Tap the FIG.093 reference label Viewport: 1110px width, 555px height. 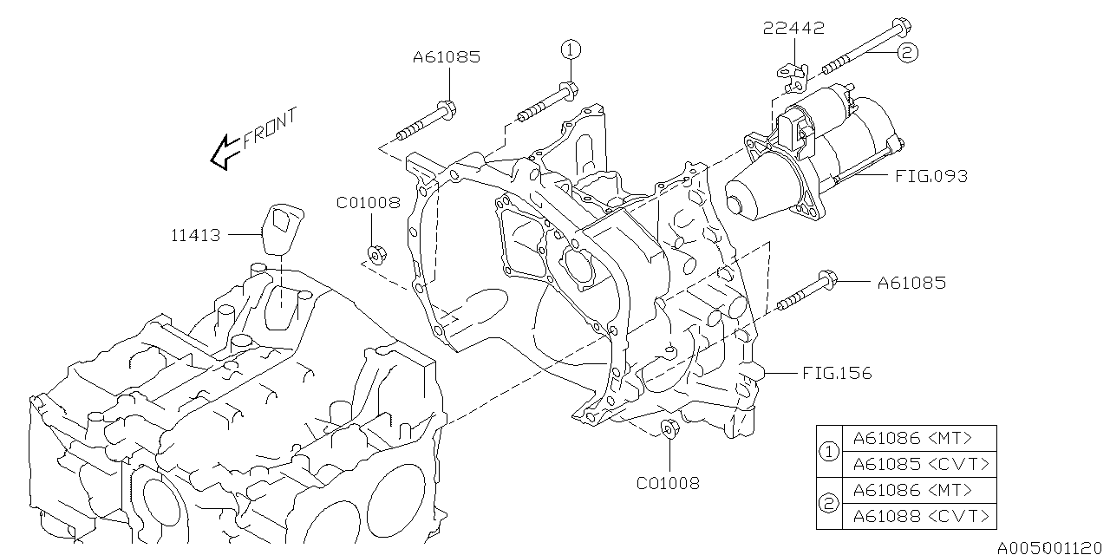tap(931, 176)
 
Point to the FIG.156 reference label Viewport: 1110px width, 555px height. tap(837, 374)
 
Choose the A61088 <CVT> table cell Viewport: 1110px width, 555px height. tap(920, 516)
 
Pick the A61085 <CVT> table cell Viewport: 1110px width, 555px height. tap(920, 464)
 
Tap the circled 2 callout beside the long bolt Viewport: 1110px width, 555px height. tap(905, 53)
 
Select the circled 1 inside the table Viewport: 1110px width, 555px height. tap(828, 451)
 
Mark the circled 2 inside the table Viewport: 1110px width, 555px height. tap(828, 503)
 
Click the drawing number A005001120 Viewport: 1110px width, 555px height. tap(1050, 545)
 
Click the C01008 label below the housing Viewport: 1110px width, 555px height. tap(668, 483)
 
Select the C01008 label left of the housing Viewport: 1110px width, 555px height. tap(369, 203)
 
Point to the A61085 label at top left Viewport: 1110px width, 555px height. tap(446, 57)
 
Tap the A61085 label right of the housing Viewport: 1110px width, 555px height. tap(911, 282)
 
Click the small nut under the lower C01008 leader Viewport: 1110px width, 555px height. tap(669, 428)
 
